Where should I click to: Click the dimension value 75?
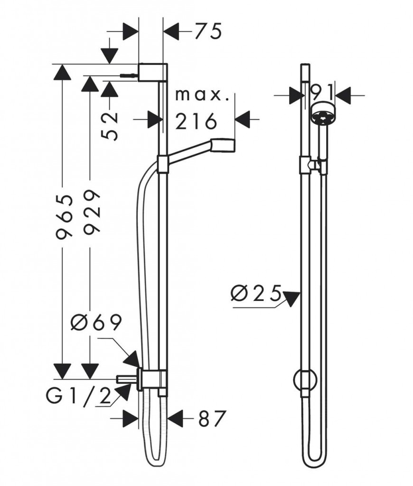[208, 31]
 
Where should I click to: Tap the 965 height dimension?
[64, 217]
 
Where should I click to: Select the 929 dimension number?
[92, 211]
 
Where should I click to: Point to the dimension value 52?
[110, 126]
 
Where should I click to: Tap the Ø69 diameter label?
[95, 323]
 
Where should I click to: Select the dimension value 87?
[211, 419]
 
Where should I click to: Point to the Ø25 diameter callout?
[256, 293]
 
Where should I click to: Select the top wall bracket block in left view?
[153, 73]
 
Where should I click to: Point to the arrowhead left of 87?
[131, 419]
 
